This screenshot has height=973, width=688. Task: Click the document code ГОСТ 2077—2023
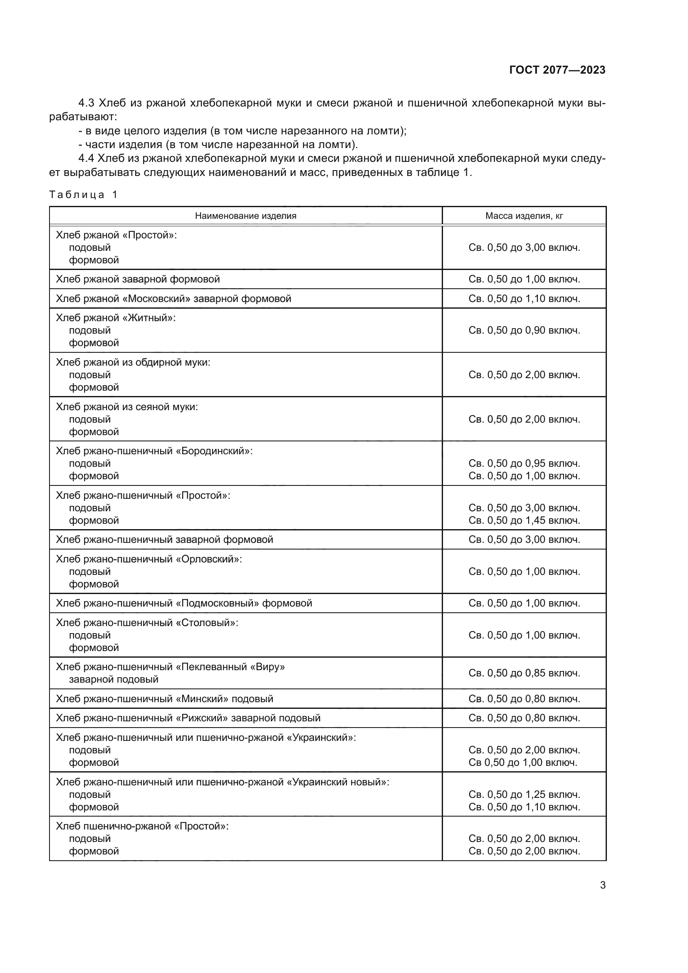557,70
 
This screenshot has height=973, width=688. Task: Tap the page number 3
602,885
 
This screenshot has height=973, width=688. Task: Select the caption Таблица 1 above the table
83,195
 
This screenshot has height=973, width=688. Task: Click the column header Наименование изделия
245,216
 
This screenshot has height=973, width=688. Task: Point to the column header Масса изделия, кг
524,216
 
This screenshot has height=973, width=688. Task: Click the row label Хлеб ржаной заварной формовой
138,279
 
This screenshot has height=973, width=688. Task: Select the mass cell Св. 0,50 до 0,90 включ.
524,330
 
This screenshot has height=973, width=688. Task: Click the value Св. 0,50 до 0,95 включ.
524,463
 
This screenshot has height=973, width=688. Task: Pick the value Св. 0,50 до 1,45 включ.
524,520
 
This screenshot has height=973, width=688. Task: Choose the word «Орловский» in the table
209,559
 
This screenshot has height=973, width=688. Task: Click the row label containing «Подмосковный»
184,603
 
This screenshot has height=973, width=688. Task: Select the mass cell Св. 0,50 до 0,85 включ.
524,673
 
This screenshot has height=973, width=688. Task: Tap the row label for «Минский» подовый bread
164,698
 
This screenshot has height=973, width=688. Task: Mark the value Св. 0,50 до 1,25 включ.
524,794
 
